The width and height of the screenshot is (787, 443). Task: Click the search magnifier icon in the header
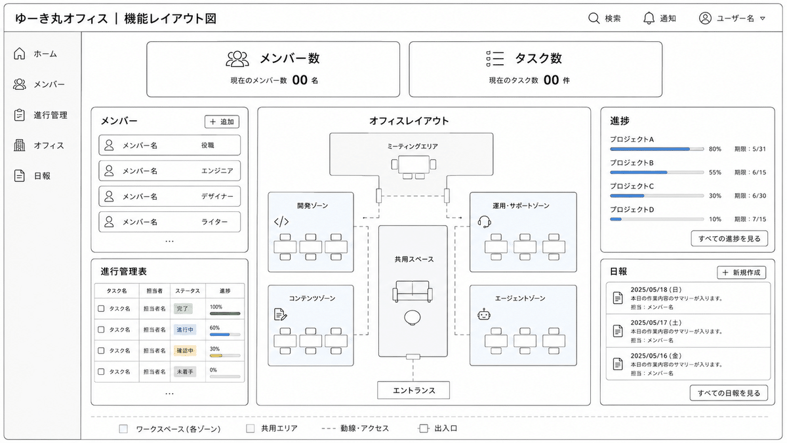(x=594, y=18)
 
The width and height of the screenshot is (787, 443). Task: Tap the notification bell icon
(x=649, y=18)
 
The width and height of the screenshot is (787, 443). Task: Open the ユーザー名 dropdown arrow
(x=762, y=18)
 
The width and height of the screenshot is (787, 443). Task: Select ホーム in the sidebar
(x=45, y=54)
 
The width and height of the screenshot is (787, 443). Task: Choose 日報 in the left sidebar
(x=42, y=176)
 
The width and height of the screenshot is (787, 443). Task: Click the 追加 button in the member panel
(x=222, y=121)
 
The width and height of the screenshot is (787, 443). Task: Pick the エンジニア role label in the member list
(x=217, y=171)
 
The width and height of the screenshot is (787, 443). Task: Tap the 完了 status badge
(x=183, y=308)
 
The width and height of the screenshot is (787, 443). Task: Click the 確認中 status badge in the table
(x=185, y=350)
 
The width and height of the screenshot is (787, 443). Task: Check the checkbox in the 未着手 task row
(x=101, y=371)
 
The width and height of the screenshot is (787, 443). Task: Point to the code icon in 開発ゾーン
(x=281, y=222)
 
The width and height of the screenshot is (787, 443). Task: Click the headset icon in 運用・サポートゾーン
(x=484, y=222)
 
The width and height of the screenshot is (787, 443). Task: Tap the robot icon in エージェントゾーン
(x=484, y=314)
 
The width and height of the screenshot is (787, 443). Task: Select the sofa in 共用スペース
(x=413, y=291)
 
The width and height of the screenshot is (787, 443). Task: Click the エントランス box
(x=414, y=390)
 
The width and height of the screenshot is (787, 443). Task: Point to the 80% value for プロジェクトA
(x=715, y=149)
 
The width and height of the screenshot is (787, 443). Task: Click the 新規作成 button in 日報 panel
(x=741, y=272)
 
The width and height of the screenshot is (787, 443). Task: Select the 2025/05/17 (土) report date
(x=656, y=323)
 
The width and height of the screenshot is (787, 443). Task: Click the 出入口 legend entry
(x=438, y=428)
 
